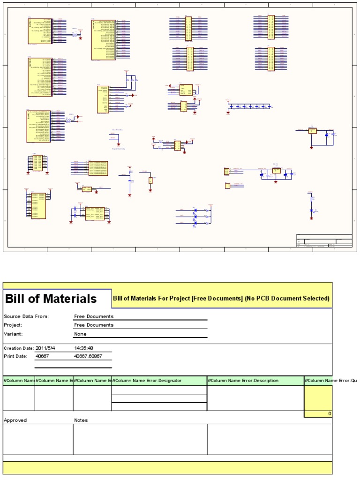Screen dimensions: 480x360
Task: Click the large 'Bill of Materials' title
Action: pyautogui.click(x=51, y=299)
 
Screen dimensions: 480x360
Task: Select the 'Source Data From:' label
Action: pyautogui.click(x=26, y=316)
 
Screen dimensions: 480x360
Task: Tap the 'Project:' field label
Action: pyautogui.click(x=13, y=325)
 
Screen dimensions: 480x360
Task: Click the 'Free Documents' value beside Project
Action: pyautogui.click(x=94, y=325)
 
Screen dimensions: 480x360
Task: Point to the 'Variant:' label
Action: pyautogui.click(x=13, y=334)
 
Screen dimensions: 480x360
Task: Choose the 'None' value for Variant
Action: pyautogui.click(x=80, y=334)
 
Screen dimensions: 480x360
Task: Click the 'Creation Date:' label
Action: pyautogui.click(x=19, y=348)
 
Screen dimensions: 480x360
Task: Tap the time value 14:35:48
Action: pyautogui.click(x=84, y=348)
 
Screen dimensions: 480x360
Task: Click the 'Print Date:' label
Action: pyautogui.click(x=16, y=357)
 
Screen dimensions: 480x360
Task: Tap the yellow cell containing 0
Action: pyautogui.click(x=318, y=413)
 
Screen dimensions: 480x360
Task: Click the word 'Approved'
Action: pyautogui.click(x=15, y=420)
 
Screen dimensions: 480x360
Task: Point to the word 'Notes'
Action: pyautogui.click(x=81, y=420)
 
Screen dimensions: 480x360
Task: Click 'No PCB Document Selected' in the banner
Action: pyautogui.click(x=287, y=299)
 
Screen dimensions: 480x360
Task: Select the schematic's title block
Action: pyautogui.click(x=324, y=240)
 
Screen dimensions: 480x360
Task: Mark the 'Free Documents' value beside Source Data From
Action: pyautogui.click(x=94, y=316)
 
